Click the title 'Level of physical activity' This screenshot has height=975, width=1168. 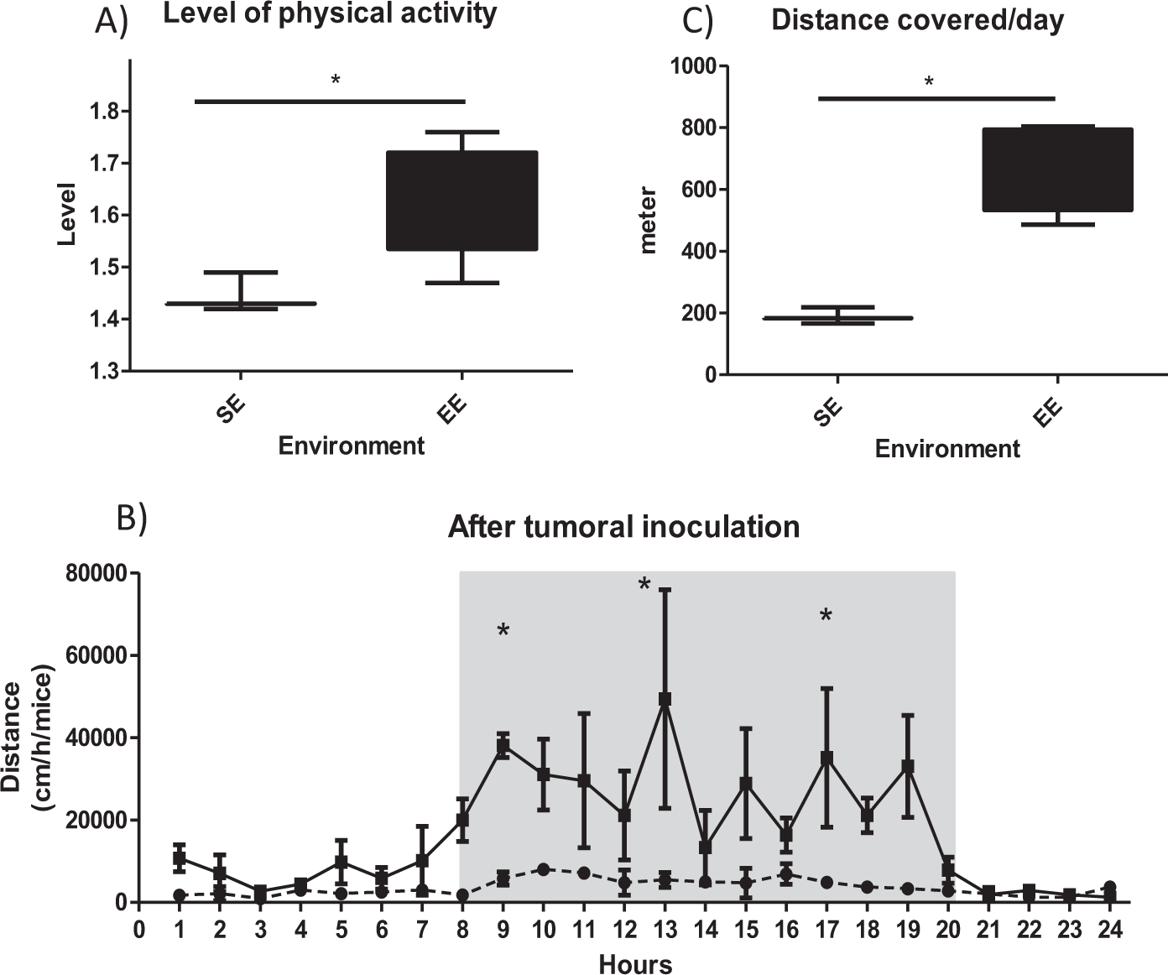point(330,14)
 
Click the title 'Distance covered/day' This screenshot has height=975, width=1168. point(917,20)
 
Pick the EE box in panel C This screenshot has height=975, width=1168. point(1058,169)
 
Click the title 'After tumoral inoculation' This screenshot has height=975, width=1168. point(623,527)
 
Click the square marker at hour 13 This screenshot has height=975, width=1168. point(665,699)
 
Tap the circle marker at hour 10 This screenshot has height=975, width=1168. point(544,869)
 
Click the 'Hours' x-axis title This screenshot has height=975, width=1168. point(635,965)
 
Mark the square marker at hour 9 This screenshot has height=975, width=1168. point(503,746)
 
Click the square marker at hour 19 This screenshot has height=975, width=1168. point(907,766)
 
